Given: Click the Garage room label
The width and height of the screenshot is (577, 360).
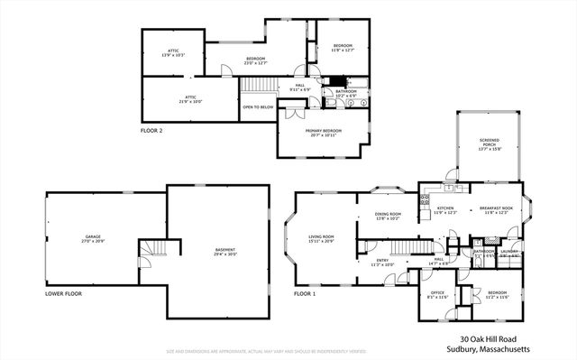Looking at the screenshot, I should pos(93,239).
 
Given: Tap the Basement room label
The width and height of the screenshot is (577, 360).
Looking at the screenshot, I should pos(225,251).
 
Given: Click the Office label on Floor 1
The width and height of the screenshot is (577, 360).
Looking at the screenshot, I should pos(435,294).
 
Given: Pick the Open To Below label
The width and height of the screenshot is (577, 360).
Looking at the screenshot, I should pos(258,107).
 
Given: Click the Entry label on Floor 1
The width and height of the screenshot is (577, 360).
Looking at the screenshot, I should pos(383,263).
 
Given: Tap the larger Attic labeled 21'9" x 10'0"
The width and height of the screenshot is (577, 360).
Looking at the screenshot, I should pos(189,99).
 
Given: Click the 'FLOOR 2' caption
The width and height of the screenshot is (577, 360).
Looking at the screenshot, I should pos(151,132).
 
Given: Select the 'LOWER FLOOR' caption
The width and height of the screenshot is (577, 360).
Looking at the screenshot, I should pos(63,294).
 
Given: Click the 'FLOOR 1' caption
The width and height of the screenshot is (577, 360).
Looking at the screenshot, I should pos(306,294).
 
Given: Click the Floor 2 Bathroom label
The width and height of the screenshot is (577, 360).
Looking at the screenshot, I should pos(347,92).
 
